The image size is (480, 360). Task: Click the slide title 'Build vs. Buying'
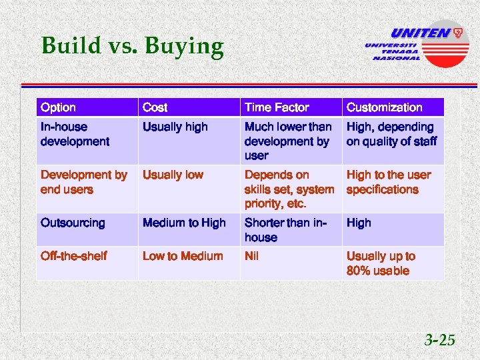point(132,46)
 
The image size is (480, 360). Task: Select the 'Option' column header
point(59,107)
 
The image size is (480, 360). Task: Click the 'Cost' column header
point(155,107)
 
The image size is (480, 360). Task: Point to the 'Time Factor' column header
point(277,107)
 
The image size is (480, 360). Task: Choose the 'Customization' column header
point(384,107)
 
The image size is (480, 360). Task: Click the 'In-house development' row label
point(75,134)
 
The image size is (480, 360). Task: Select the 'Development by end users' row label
point(83,182)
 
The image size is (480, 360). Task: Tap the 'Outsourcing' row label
point(73,223)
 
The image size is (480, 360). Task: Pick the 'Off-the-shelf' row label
point(73,256)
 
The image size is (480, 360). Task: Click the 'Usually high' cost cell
point(175,127)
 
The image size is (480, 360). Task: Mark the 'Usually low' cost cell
point(173,175)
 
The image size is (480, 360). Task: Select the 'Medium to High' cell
point(184,223)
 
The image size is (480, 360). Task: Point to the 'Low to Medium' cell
point(183,256)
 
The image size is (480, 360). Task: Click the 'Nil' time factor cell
point(252,256)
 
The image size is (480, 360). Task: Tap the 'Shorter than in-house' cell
point(285,230)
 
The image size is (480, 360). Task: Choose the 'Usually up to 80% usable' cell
point(381,263)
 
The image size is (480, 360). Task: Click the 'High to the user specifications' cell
point(389,182)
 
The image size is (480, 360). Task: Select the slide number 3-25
point(440,341)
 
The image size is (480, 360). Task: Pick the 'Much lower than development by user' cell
point(287,141)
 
